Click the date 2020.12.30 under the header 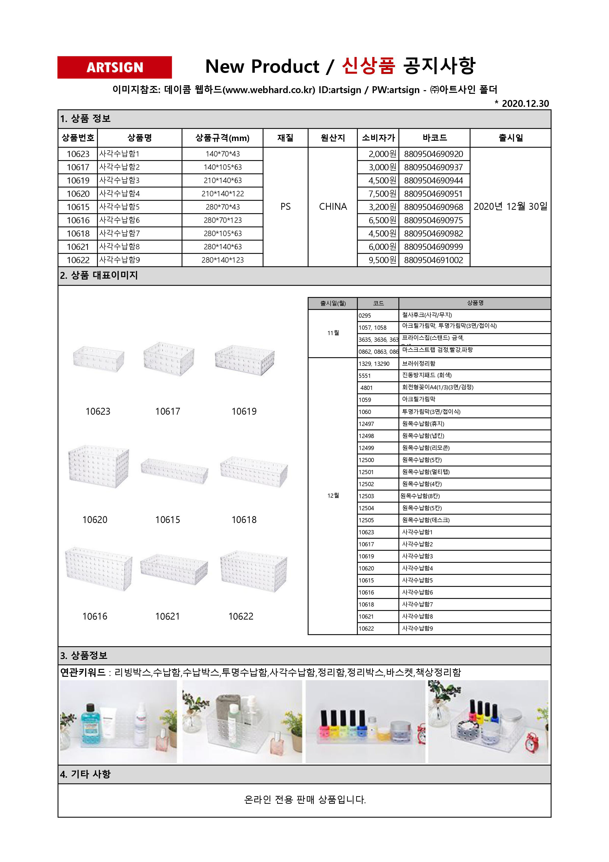[x=525, y=104]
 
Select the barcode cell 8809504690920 [x=433, y=154]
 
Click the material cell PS [x=285, y=207]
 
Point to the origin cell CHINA [x=333, y=207]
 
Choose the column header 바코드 [x=434, y=138]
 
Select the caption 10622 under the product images [x=241, y=616]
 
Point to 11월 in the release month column [x=333, y=333]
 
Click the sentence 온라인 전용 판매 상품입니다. [x=305, y=799]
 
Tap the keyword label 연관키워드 [x=83, y=672]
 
